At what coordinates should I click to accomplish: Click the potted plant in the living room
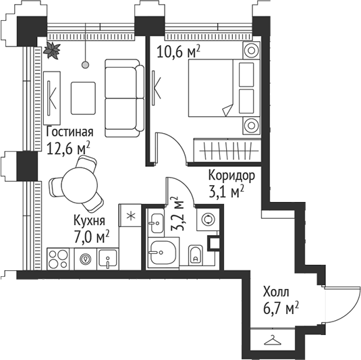51,49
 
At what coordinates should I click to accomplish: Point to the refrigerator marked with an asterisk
130,216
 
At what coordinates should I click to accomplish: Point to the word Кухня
89,220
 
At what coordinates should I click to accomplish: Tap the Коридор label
231,176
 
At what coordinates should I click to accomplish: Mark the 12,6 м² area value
69,147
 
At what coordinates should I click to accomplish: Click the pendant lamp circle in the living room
85,64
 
